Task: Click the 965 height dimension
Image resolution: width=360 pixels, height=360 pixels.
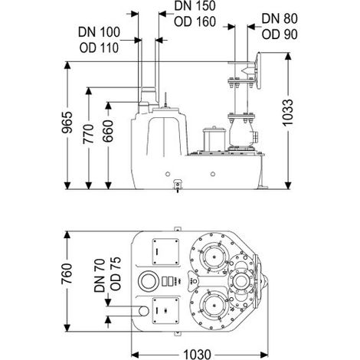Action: tap(67, 123)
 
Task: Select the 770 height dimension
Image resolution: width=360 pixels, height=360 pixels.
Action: tap(89, 134)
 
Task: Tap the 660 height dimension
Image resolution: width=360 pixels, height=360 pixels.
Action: tap(108, 131)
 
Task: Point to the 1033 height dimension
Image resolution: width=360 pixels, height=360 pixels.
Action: tap(288, 113)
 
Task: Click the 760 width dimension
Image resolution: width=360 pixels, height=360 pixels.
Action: tap(67, 274)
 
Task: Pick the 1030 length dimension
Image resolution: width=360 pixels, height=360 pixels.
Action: tap(198, 354)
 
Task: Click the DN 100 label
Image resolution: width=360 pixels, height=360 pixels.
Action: tap(99, 32)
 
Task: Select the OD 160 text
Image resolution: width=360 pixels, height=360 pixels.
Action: tap(195, 21)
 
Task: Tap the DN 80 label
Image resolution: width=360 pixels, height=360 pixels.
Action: tap(280, 18)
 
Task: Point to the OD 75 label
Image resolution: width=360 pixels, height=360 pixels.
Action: tap(116, 273)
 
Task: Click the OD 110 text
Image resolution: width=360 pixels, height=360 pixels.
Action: tap(99, 47)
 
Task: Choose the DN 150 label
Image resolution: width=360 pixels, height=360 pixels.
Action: tap(195, 5)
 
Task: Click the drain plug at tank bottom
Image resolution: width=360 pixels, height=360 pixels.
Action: tap(178, 185)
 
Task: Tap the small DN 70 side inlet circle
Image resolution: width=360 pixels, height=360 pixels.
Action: tap(143, 310)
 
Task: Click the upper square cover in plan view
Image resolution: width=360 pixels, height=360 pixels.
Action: tap(165, 252)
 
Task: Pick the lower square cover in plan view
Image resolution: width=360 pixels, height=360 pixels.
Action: tap(165, 311)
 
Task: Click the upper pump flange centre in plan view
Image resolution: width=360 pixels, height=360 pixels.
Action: tap(213, 257)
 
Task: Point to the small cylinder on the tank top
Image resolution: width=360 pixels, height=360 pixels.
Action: tap(214, 139)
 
